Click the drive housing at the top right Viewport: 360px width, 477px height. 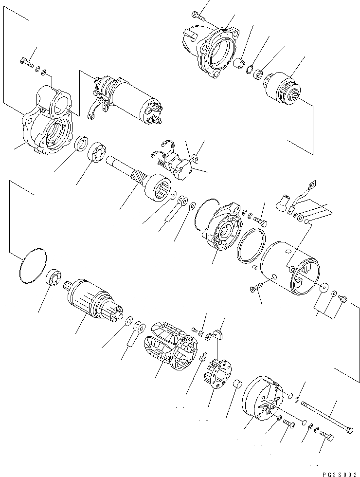click(x=212, y=51)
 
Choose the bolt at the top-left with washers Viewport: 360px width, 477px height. click(x=27, y=61)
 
